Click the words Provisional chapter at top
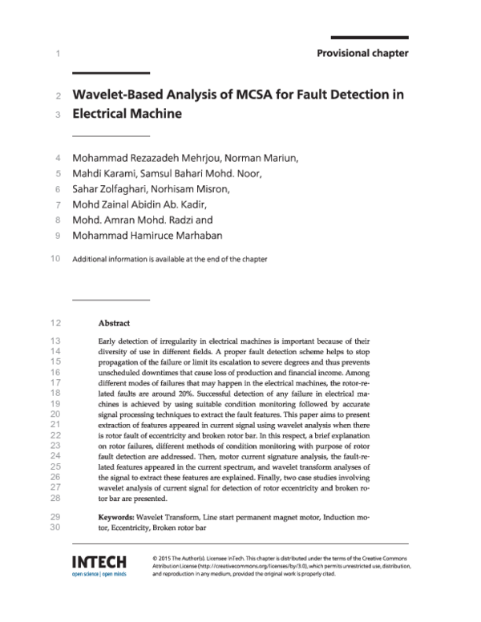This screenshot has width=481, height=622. pyautogui.click(x=362, y=54)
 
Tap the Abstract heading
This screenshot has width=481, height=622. pyautogui.click(x=114, y=324)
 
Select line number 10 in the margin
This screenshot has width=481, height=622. pyautogui.click(x=55, y=259)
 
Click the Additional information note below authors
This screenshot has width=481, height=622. pyautogui.click(x=170, y=259)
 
